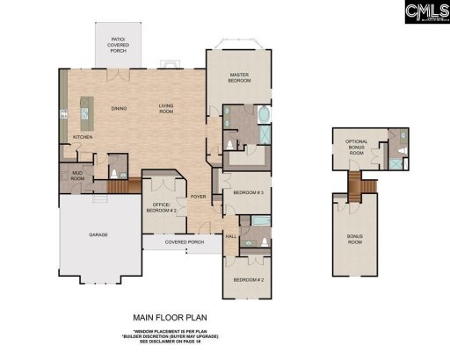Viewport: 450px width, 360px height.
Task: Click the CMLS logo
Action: pos(426,12)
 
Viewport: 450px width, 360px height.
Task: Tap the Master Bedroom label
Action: pos(241,78)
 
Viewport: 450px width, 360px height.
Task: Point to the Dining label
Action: pos(119,108)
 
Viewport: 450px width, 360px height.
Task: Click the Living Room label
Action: pos(166,108)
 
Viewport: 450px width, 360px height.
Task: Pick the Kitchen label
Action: pos(83,137)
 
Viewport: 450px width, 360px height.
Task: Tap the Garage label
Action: pos(98,234)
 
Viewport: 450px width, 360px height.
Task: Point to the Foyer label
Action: pos(199,196)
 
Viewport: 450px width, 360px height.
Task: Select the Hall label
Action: pos(231,236)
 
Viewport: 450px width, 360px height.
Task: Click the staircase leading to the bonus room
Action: pos(356,184)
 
